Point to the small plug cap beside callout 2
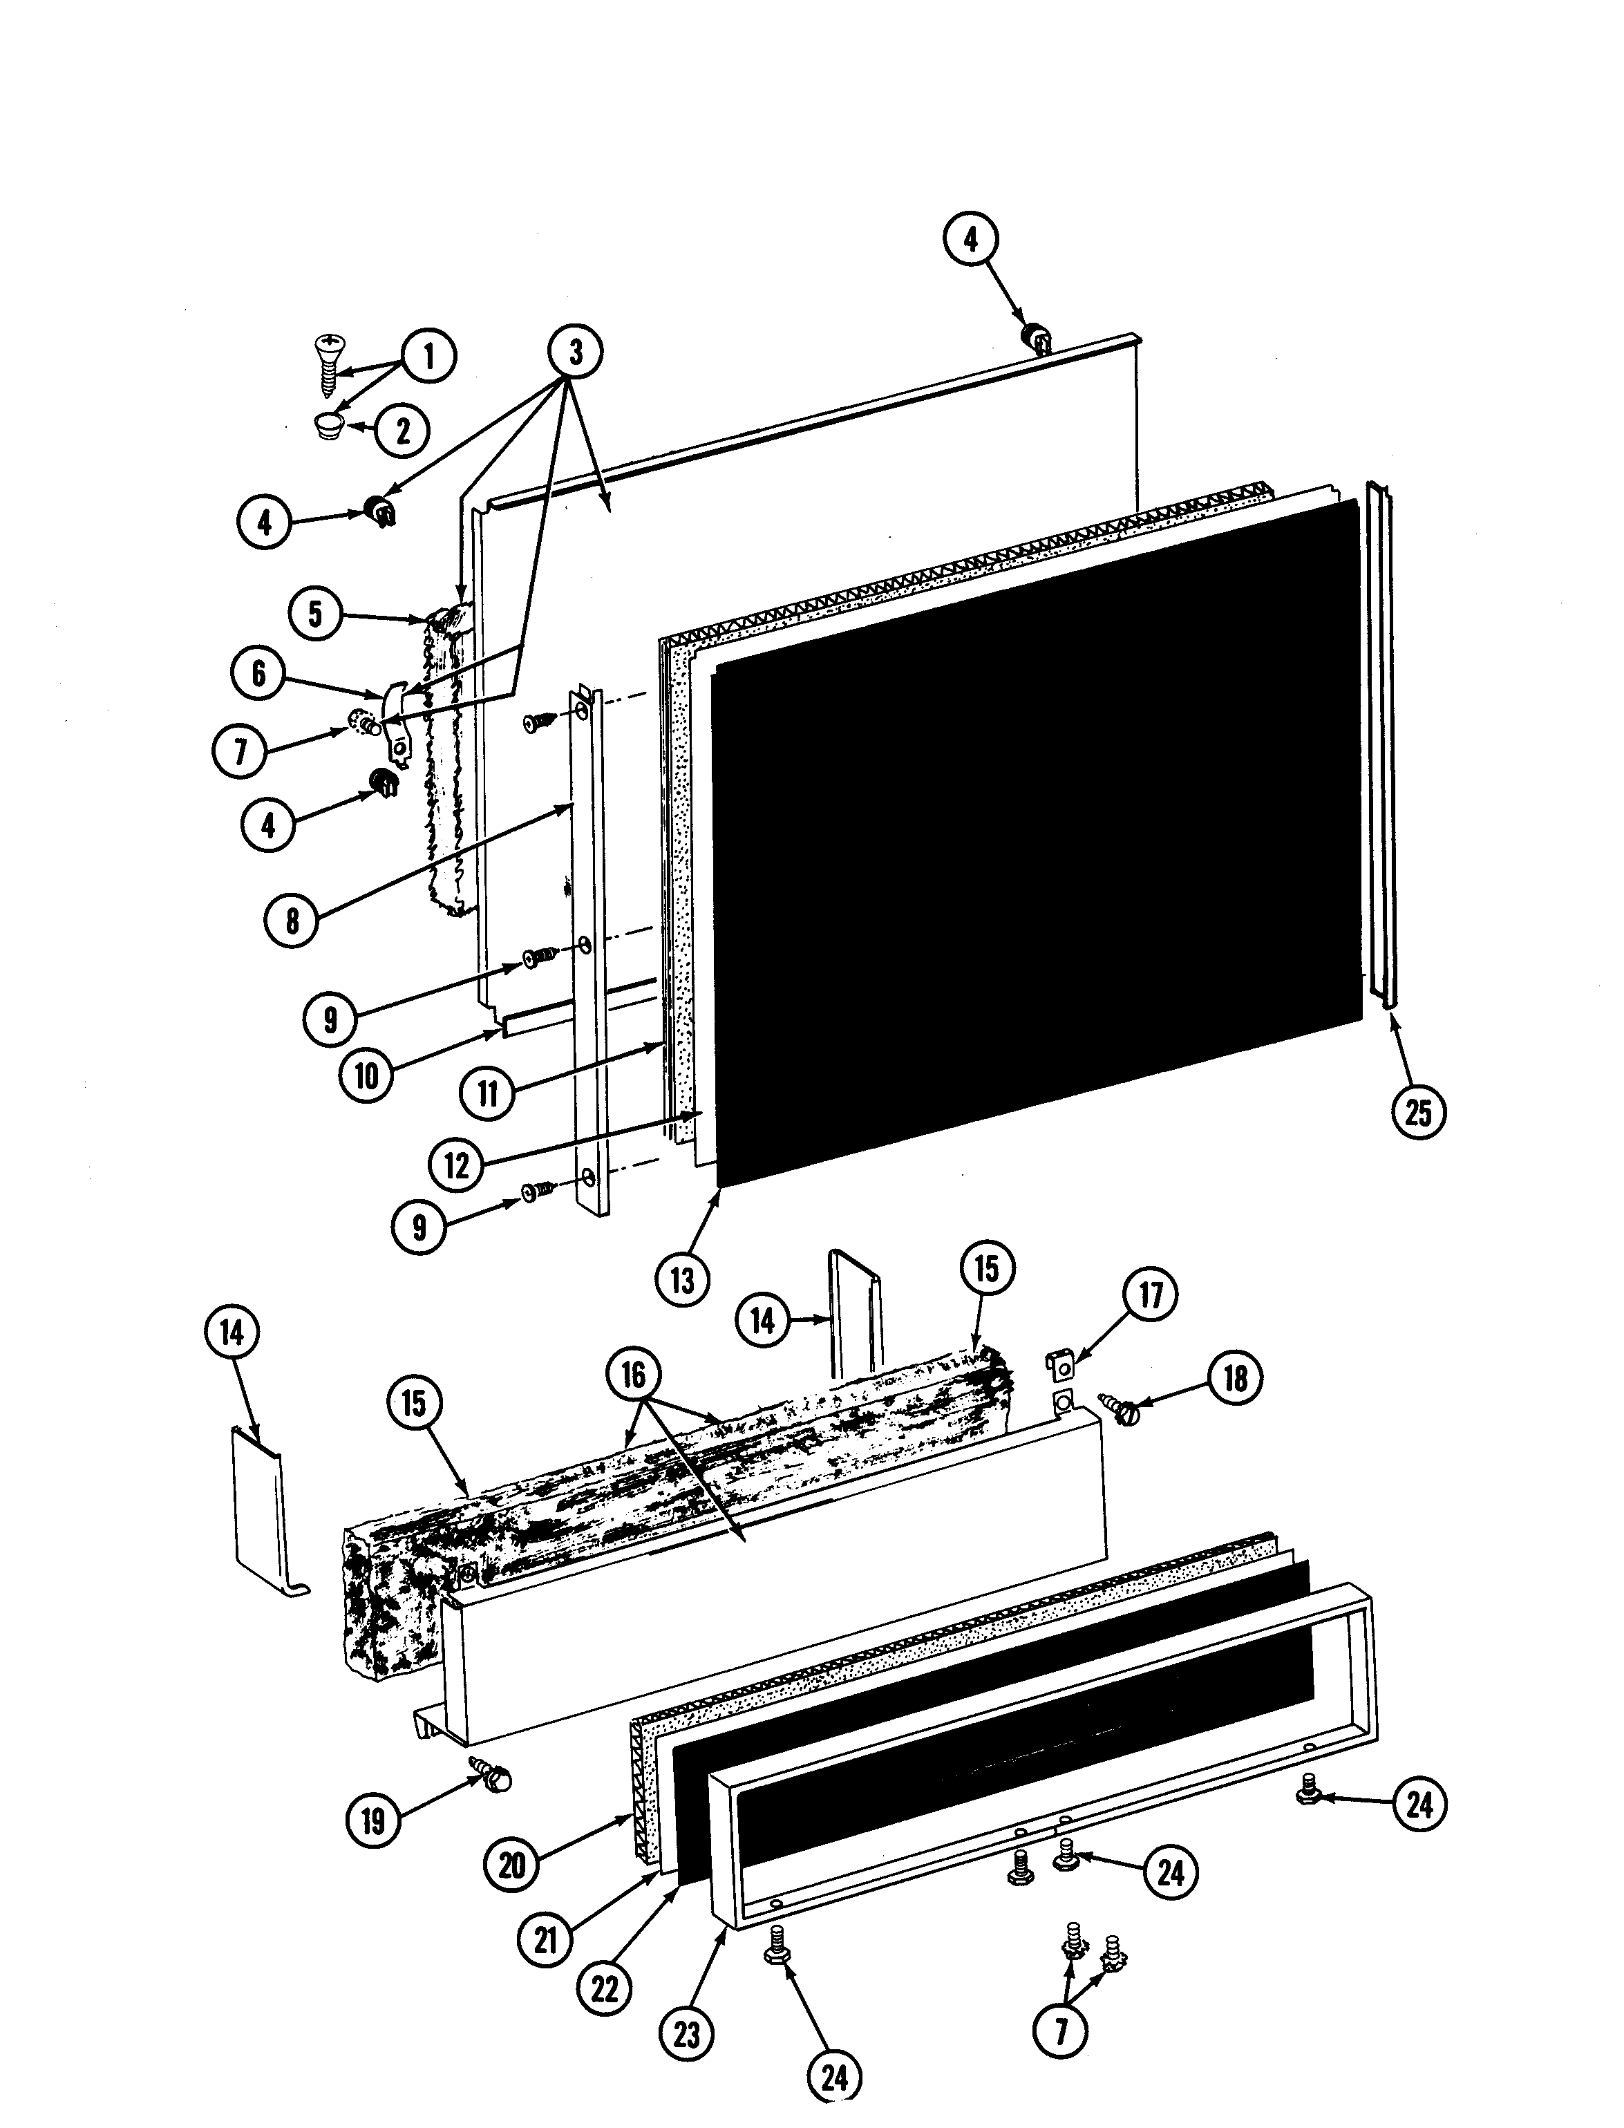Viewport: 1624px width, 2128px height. [x=330, y=426]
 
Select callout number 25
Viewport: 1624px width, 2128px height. [x=1418, y=1113]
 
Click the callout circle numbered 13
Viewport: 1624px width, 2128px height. [x=683, y=1281]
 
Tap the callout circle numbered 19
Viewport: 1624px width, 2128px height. [x=373, y=1823]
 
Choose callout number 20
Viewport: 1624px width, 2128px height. [x=511, y=1865]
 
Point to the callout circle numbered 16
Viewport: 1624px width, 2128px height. [x=633, y=1374]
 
